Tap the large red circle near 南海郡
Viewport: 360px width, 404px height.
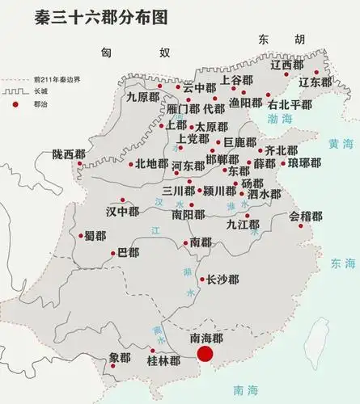pyautogui.click(x=205, y=354)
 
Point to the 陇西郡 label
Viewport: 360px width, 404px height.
pyautogui.click(x=68, y=154)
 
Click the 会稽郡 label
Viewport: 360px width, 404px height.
pyautogui.click(x=306, y=217)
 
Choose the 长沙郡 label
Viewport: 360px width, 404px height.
pyautogui.click(x=222, y=280)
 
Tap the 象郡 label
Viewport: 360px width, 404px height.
pyautogui.click(x=119, y=357)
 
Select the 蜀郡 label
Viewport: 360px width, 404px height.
pyautogui.click(x=95, y=236)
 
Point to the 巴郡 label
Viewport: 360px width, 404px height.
pyautogui.click(x=128, y=253)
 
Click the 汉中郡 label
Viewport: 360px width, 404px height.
pyautogui.click(x=122, y=212)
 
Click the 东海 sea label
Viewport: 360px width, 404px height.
pyautogui.click(x=342, y=263)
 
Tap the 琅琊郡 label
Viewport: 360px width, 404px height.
pyautogui.click(x=304, y=162)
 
